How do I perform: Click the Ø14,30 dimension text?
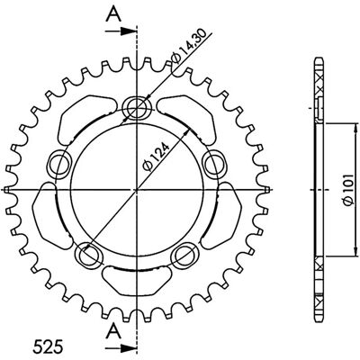(x=188, y=46)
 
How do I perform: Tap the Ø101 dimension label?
(x=350, y=190)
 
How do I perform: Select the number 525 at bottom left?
(x=48, y=346)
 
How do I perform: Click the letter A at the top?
(x=113, y=13)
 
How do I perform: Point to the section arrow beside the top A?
(x=120, y=31)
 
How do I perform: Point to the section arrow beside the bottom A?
(x=120, y=348)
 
